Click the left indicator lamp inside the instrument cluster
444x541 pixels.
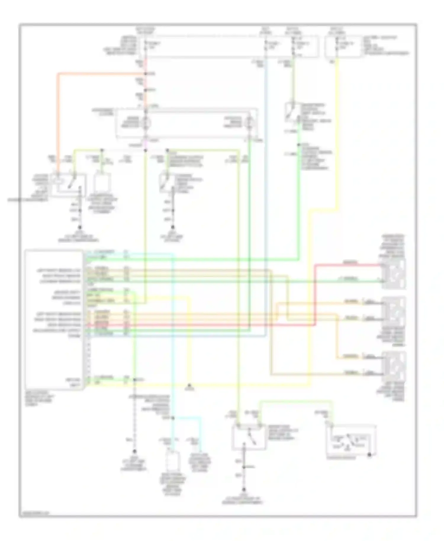[146, 122]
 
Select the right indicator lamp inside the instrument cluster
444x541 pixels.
[249, 122]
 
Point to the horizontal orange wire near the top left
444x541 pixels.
[101, 74]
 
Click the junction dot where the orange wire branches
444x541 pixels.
[146, 74]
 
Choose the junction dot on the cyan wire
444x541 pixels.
[173, 418]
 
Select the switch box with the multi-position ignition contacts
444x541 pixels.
[351, 441]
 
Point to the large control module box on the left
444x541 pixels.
[54, 320]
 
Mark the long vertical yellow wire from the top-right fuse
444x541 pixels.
[337, 133]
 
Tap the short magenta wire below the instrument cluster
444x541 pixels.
[145, 144]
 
